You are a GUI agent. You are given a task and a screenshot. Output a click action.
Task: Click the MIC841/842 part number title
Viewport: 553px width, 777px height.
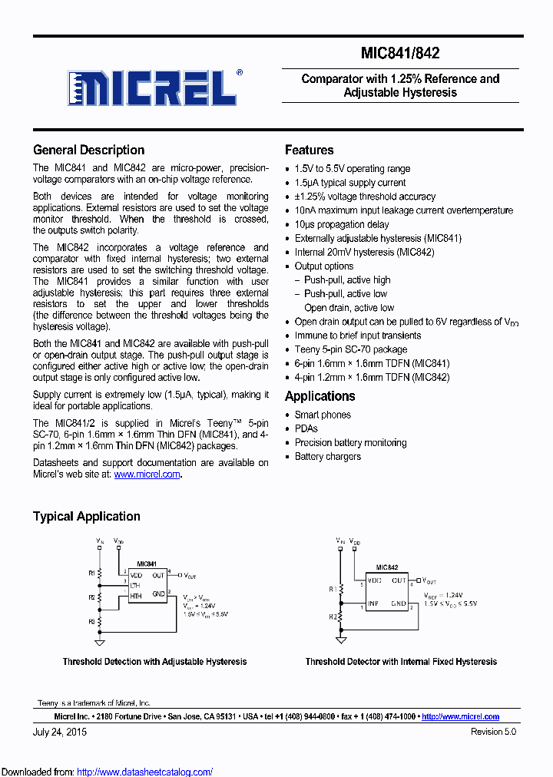(400, 53)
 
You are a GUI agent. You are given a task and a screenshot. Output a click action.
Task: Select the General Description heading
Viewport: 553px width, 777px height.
(88, 150)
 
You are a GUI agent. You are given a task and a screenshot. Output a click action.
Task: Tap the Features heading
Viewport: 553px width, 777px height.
(309, 150)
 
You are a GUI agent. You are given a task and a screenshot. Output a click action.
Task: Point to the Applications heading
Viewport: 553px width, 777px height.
(320, 396)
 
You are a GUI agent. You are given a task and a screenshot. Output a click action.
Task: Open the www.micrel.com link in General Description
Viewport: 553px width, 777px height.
(147, 474)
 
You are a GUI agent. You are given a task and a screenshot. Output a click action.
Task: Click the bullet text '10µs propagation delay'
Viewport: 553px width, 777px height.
(342, 224)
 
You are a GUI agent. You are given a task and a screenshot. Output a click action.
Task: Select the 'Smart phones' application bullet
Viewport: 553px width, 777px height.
(323, 415)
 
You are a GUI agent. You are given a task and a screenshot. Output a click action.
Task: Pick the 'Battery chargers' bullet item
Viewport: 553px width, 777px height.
(327, 456)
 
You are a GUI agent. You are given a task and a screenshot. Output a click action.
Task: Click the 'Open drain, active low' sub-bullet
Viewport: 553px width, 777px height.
(349, 308)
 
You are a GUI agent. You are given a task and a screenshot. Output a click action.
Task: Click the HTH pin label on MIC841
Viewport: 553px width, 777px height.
(135, 596)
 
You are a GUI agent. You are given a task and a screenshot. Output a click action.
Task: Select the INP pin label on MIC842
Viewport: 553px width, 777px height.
(373, 604)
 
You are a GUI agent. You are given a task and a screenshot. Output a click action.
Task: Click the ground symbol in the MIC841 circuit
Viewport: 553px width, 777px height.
(99, 641)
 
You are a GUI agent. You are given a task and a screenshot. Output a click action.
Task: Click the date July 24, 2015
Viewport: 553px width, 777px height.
(60, 732)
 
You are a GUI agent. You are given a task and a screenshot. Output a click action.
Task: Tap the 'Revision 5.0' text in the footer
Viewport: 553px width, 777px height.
(493, 732)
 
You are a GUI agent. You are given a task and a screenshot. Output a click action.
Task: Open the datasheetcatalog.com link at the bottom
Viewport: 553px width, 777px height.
(145, 772)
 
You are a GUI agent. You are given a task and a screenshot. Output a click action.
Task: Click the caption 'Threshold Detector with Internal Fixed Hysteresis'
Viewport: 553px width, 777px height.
(401, 662)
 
